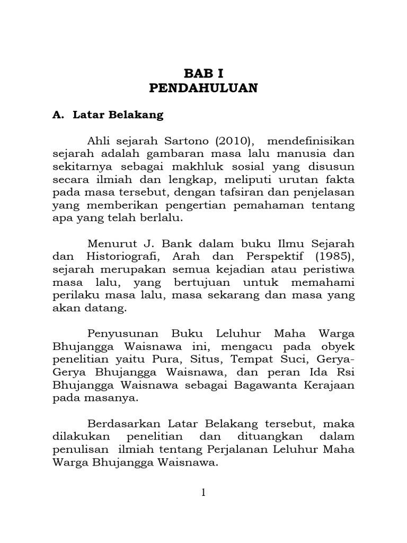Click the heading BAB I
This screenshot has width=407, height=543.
(x=203, y=73)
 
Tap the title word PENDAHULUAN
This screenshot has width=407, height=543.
(x=203, y=88)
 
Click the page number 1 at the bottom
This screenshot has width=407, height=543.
(x=203, y=493)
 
